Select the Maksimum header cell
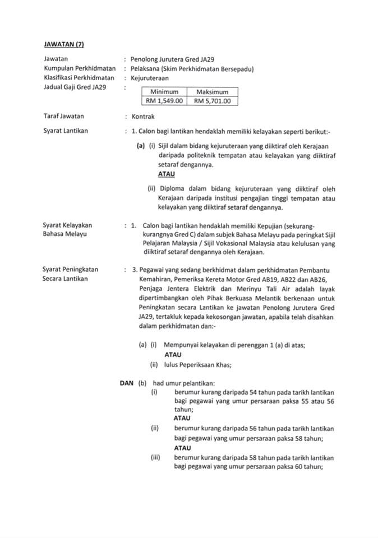click(212, 91)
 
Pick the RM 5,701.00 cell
click(212, 101)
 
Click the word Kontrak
click(143, 117)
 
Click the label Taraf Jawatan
click(63, 117)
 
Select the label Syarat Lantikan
click(65, 131)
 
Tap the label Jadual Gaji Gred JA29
click(75, 87)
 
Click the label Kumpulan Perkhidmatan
click(75, 68)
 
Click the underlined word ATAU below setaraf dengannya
click(167, 174)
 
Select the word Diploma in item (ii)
click(174, 189)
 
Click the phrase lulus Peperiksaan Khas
click(197, 365)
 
